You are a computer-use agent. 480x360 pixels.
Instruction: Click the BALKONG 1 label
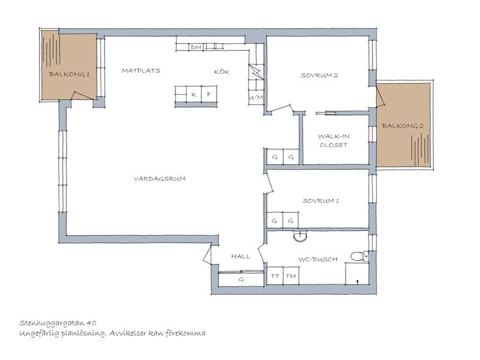pyautogui.click(x=70, y=74)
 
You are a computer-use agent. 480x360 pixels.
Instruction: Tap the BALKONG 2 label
pyautogui.click(x=403, y=126)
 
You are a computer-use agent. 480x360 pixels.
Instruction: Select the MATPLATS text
pyautogui.click(x=141, y=71)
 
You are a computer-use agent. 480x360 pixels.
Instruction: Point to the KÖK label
pyautogui.click(x=221, y=71)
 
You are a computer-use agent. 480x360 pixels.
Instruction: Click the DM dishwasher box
pyautogui.click(x=196, y=47)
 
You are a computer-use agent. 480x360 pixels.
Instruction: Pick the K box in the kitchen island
pyautogui.click(x=194, y=94)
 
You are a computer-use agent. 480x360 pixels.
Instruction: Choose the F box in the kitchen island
pyautogui.click(x=209, y=94)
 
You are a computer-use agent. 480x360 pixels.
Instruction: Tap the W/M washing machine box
pyautogui.click(x=256, y=98)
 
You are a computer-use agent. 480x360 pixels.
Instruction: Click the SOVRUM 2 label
pyautogui.click(x=319, y=76)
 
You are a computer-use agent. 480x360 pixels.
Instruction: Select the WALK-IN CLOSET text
pyautogui.click(x=334, y=140)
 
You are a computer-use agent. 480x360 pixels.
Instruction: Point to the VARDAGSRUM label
pyautogui.click(x=160, y=178)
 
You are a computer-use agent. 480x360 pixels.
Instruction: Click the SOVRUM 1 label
pyautogui.click(x=321, y=201)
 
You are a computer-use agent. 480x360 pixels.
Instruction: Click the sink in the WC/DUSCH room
pyautogui.click(x=301, y=236)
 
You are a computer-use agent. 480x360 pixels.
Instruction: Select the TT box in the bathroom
pyautogui.click(x=275, y=276)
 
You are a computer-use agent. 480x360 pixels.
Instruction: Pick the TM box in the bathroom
pyautogui.click(x=291, y=276)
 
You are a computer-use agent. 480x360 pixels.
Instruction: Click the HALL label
pyautogui.click(x=241, y=257)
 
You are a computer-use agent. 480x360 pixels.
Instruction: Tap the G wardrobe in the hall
pyautogui.click(x=241, y=279)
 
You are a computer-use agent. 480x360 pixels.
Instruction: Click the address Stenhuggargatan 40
pyautogui.click(x=58, y=323)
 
